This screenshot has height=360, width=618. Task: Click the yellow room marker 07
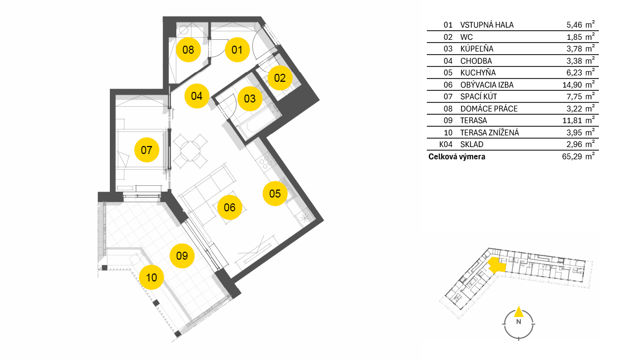(147, 150)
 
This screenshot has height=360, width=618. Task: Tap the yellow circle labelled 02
(280, 78)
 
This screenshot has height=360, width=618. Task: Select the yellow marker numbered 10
(151, 278)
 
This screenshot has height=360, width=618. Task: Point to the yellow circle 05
(274, 194)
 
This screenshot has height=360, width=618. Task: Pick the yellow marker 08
(188, 50)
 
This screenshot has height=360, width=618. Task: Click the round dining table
(191, 151)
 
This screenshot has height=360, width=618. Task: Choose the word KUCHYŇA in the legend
(478, 73)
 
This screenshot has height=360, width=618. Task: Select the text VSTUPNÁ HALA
(487, 25)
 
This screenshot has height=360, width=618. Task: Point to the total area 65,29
(572, 157)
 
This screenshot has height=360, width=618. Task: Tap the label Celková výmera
(457, 157)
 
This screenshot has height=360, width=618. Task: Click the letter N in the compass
(519, 322)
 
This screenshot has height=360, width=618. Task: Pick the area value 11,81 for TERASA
(572, 121)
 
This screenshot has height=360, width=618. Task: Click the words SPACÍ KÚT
(478, 97)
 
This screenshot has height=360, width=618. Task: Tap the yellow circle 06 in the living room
(229, 208)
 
